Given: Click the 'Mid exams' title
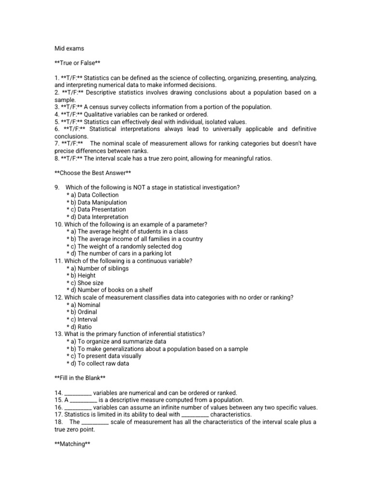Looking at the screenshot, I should [69, 48].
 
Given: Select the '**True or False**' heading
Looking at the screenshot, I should [78, 63].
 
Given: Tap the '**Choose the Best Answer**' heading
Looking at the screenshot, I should [92, 173].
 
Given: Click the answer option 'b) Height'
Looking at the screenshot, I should [85, 276].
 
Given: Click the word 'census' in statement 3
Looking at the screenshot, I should [101, 107].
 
